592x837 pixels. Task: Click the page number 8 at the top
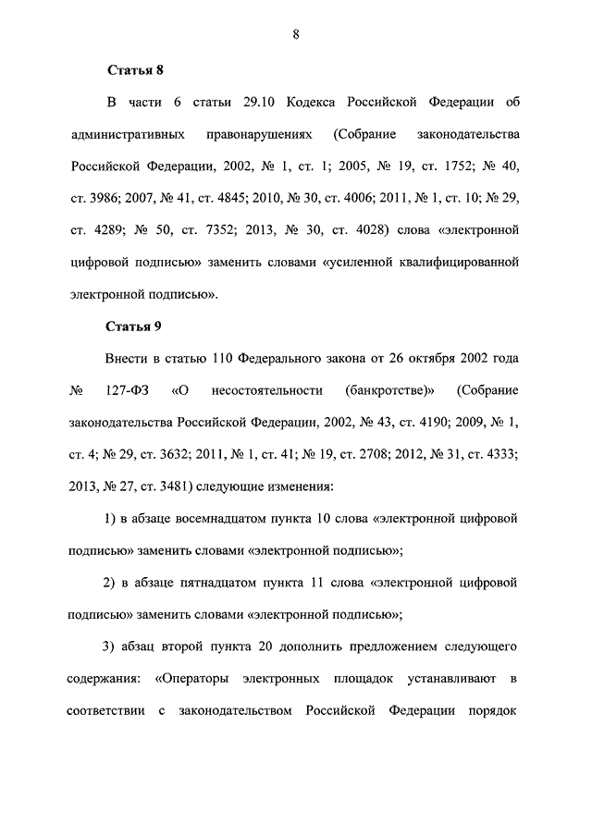point(295,34)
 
